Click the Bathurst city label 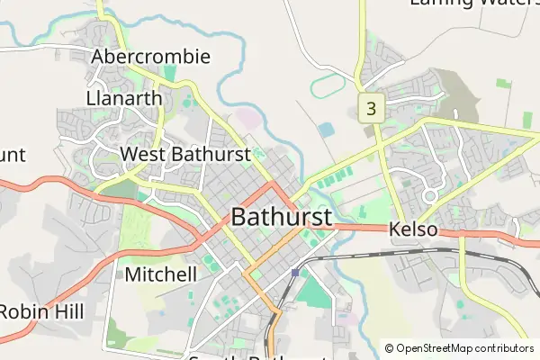point(282,217)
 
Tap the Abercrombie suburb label point(151,58)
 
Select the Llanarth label point(124,98)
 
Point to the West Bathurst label point(184,155)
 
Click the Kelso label point(413,230)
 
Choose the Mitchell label point(161,274)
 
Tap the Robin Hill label point(41,311)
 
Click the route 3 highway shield point(371,108)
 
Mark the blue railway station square point(294,272)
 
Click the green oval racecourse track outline point(328,87)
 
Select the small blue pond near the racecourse point(325,130)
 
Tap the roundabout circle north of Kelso point(429,194)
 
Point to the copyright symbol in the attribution point(389,347)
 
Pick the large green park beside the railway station point(313,292)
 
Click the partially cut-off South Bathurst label point(246,357)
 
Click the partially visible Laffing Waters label point(473,3)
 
